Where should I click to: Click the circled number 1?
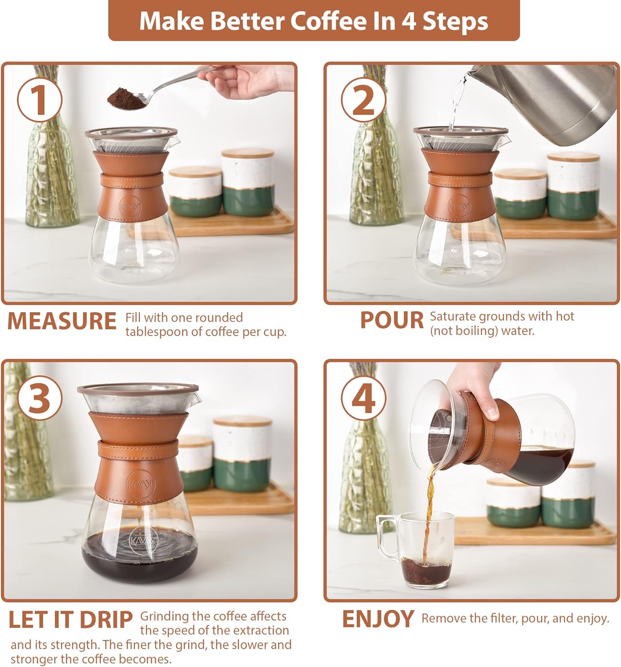(x=40, y=100)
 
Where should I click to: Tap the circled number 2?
(x=363, y=100)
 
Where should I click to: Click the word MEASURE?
(x=62, y=321)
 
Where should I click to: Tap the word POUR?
(x=391, y=320)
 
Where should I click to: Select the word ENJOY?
(x=378, y=619)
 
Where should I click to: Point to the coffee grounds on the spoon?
(x=126, y=97)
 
